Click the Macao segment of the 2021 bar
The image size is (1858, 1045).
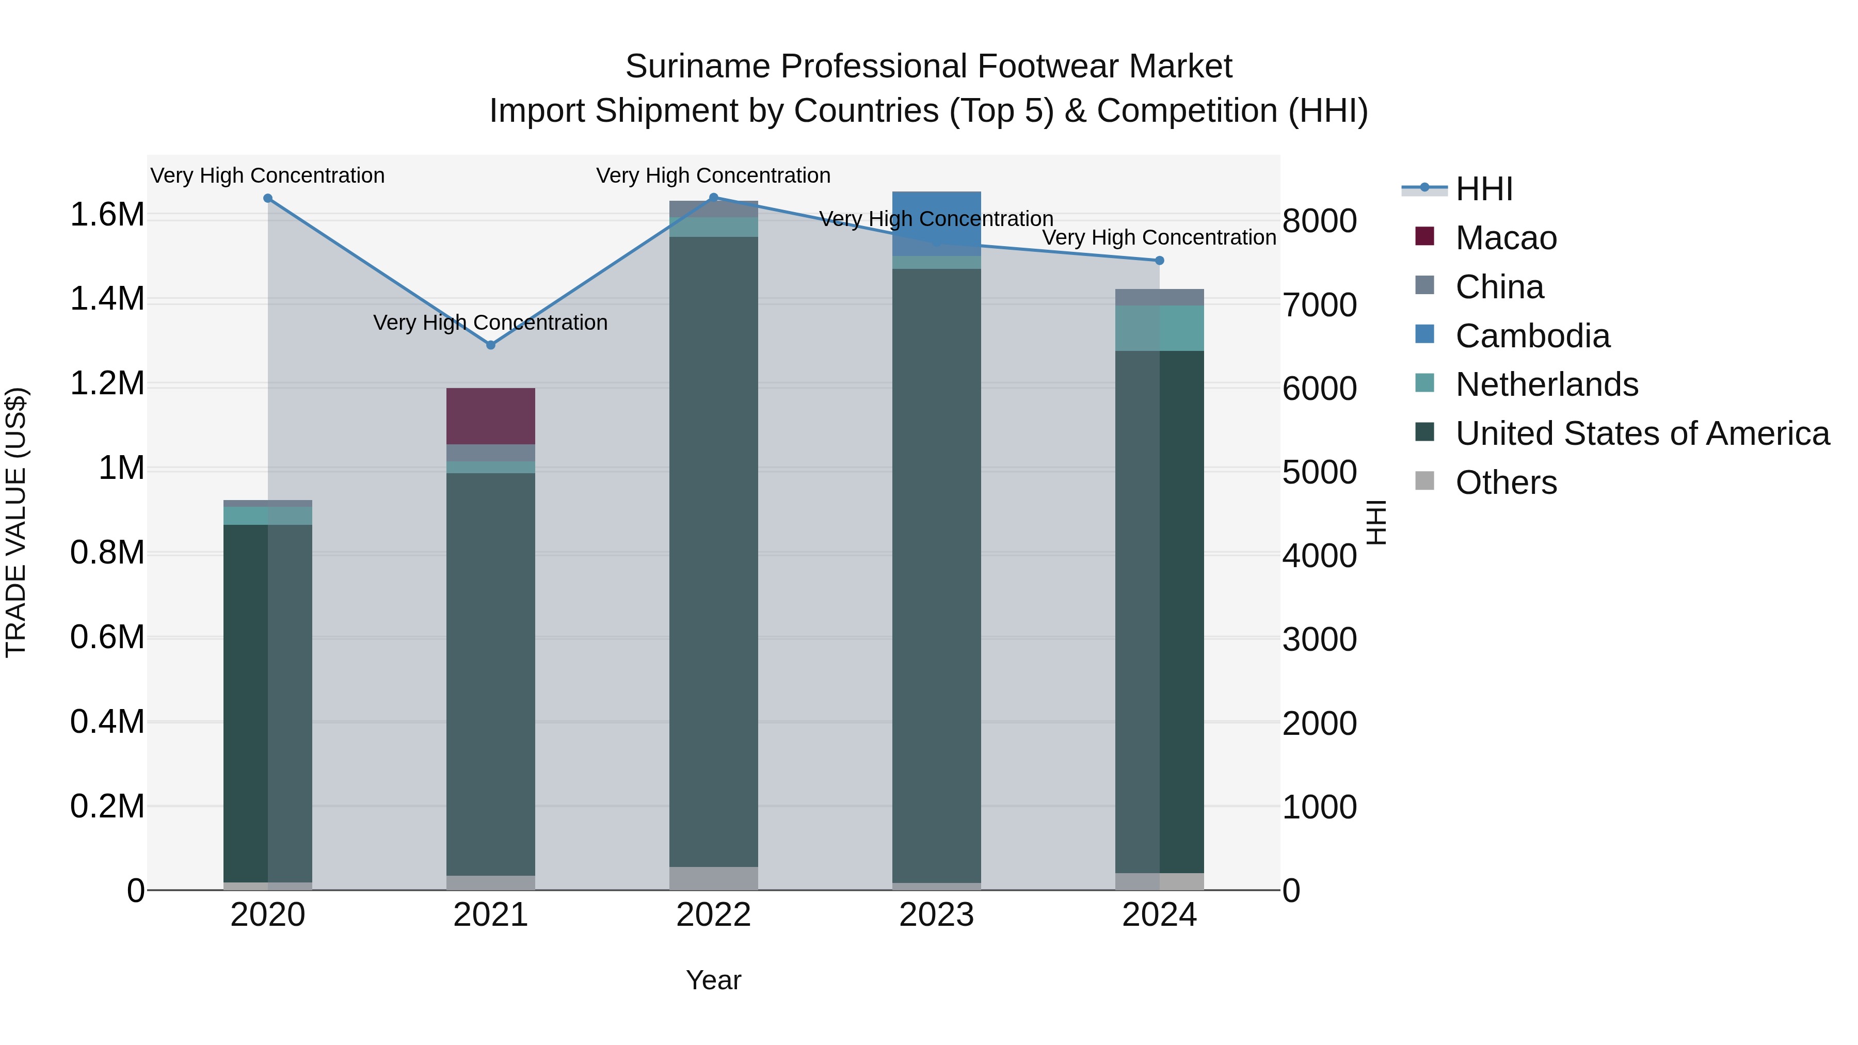[490, 416]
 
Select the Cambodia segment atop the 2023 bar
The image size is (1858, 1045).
[936, 216]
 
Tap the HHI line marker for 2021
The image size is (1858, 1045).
[490, 345]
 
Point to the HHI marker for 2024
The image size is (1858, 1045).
[1159, 261]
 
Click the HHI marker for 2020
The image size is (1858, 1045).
[267, 198]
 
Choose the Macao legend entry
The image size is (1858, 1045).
[1505, 238]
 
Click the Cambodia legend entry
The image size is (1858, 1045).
[1532, 336]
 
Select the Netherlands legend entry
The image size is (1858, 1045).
[1546, 384]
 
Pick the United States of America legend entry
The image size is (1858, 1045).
[1642, 433]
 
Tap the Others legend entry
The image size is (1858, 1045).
[1505, 483]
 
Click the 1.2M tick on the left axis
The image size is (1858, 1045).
[107, 383]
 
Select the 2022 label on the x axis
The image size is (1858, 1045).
[713, 915]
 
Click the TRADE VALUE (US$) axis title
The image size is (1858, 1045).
[16, 522]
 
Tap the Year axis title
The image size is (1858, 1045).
[713, 980]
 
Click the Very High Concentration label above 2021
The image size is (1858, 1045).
[490, 323]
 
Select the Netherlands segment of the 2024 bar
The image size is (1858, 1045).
[1159, 328]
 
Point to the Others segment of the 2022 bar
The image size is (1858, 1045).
[713, 878]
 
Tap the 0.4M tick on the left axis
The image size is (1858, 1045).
[107, 722]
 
